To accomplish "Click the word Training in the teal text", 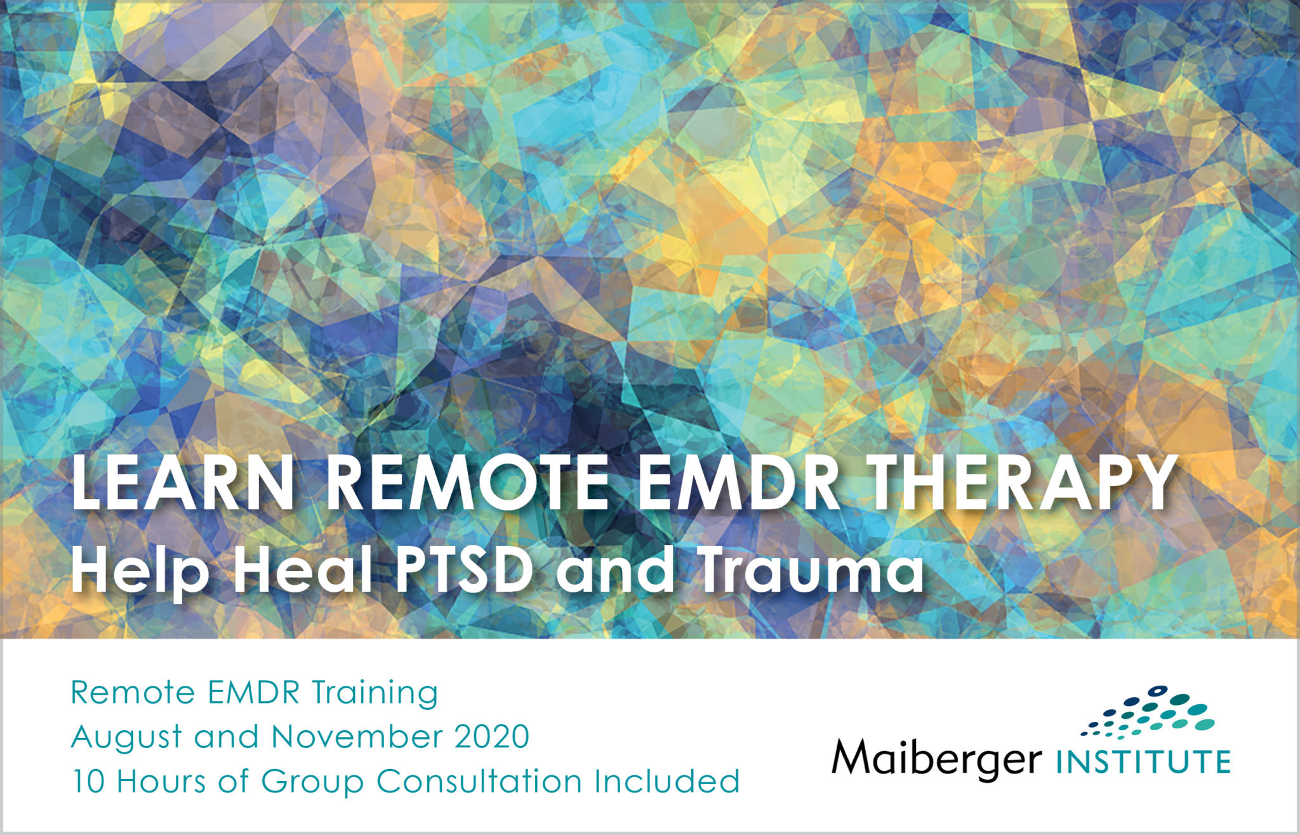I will (x=375, y=693).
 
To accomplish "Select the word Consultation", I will (x=479, y=782).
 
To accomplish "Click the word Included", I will (x=667, y=782).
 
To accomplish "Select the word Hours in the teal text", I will (x=162, y=782).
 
